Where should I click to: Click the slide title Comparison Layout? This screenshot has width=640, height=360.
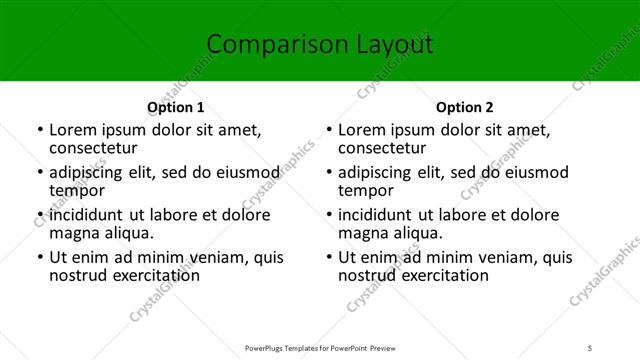[x=319, y=45]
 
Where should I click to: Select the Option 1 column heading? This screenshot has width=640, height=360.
[x=175, y=107]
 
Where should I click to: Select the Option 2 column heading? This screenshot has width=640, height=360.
[x=465, y=107]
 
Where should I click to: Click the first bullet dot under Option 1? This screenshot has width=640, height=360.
[x=39, y=130]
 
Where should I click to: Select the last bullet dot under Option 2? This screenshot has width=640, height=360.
[x=329, y=257]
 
